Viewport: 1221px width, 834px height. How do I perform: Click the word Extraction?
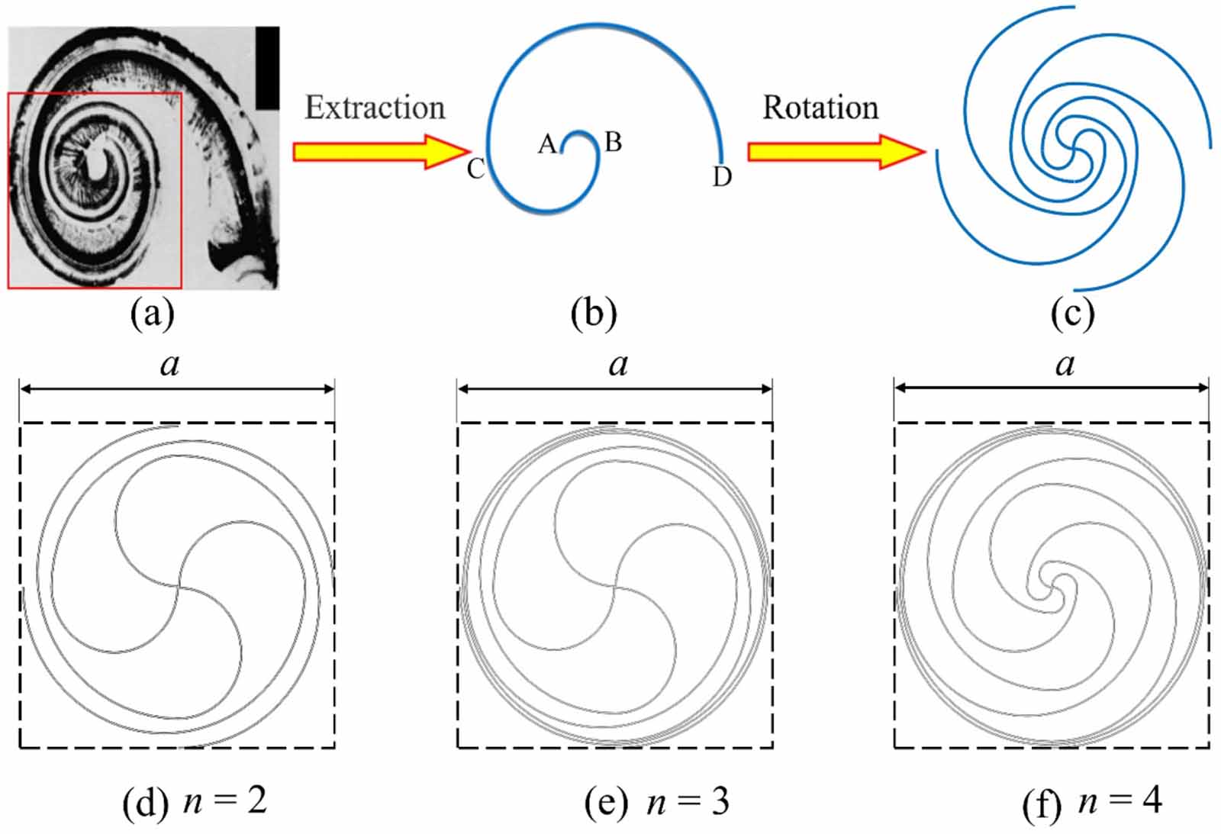tap(375, 108)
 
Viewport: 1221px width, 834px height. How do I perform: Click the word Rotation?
tap(820, 108)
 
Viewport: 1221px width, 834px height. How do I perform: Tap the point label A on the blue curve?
tap(546, 143)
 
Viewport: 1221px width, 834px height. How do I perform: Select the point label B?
tap(613, 142)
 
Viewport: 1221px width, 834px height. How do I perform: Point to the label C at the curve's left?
tap(475, 169)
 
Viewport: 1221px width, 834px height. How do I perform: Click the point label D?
tap(722, 177)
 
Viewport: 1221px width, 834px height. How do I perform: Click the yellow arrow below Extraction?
tap(380, 151)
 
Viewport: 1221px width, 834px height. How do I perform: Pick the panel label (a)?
tap(153, 314)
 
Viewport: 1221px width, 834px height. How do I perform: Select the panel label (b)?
tap(594, 314)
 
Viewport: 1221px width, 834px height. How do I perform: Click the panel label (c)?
tap(1072, 314)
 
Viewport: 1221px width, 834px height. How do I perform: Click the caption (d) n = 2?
tap(195, 802)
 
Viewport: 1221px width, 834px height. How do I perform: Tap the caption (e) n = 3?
tap(656, 802)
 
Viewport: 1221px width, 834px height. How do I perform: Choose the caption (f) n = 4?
tap(1092, 802)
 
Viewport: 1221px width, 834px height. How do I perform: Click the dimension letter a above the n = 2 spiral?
tap(169, 365)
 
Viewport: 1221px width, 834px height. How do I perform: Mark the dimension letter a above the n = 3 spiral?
tap(618, 365)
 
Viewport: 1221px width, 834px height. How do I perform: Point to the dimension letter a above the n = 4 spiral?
tap(1065, 365)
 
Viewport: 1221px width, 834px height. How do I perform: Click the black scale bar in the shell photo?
tap(267, 68)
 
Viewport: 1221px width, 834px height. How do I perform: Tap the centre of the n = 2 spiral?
tap(179, 586)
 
